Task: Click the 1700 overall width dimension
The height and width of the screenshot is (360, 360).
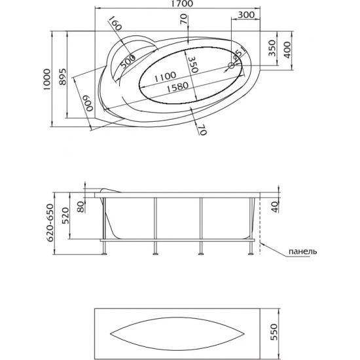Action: click(185, 4)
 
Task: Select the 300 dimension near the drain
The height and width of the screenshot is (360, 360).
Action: click(246, 14)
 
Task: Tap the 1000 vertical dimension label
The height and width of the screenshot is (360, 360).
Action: click(47, 79)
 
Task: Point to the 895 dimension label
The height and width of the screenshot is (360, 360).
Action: click(63, 77)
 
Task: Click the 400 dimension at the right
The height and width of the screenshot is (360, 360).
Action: click(288, 50)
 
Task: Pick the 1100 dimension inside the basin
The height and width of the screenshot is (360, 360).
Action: click(165, 77)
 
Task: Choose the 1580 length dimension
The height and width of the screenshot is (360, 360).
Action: click(177, 88)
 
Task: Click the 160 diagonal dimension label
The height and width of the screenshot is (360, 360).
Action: click(115, 23)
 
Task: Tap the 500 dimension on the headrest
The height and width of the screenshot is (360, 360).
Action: click(128, 62)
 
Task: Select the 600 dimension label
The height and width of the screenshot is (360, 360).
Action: click(89, 103)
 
